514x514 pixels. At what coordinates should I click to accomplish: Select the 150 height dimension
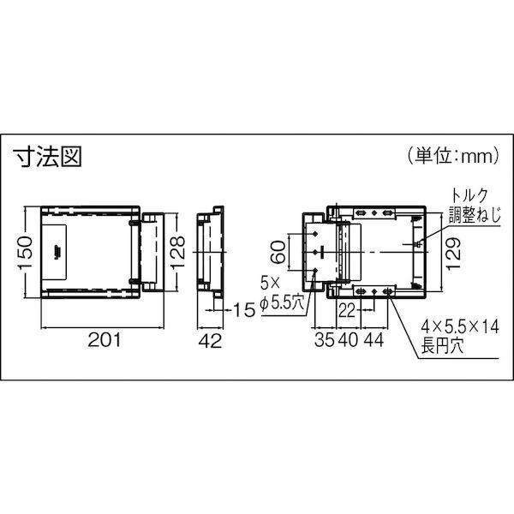[x=27, y=252]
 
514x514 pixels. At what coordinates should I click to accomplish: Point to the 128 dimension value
[x=174, y=252]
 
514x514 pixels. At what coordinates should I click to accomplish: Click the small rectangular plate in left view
[x=57, y=250]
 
